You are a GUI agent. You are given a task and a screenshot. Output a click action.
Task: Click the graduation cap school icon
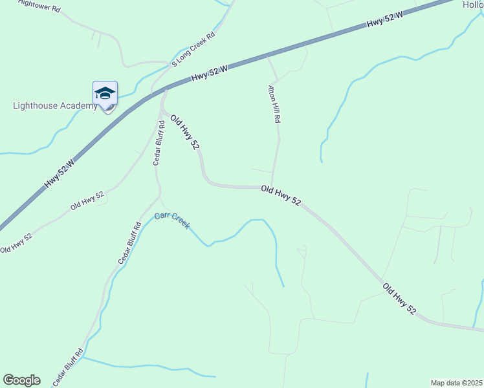click(105, 94)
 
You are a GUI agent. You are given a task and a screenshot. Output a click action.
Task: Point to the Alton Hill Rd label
click(275, 104)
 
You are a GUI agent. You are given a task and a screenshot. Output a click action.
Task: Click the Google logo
click(21, 380)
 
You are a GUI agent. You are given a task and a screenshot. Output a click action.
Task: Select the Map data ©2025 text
click(456, 382)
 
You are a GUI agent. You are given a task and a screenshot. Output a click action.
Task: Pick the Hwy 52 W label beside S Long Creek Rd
click(210, 73)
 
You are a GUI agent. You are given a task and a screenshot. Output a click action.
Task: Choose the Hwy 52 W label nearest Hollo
click(384, 19)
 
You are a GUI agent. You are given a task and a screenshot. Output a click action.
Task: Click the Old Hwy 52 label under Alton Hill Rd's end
click(281, 196)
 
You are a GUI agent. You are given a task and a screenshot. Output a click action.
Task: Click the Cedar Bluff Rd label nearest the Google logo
click(67, 368)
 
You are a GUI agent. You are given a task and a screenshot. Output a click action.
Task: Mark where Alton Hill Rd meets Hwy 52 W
click(268, 56)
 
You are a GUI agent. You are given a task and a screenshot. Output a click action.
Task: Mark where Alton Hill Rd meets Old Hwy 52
click(272, 188)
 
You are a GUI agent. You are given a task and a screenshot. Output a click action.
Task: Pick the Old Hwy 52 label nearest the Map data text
click(399, 299)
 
